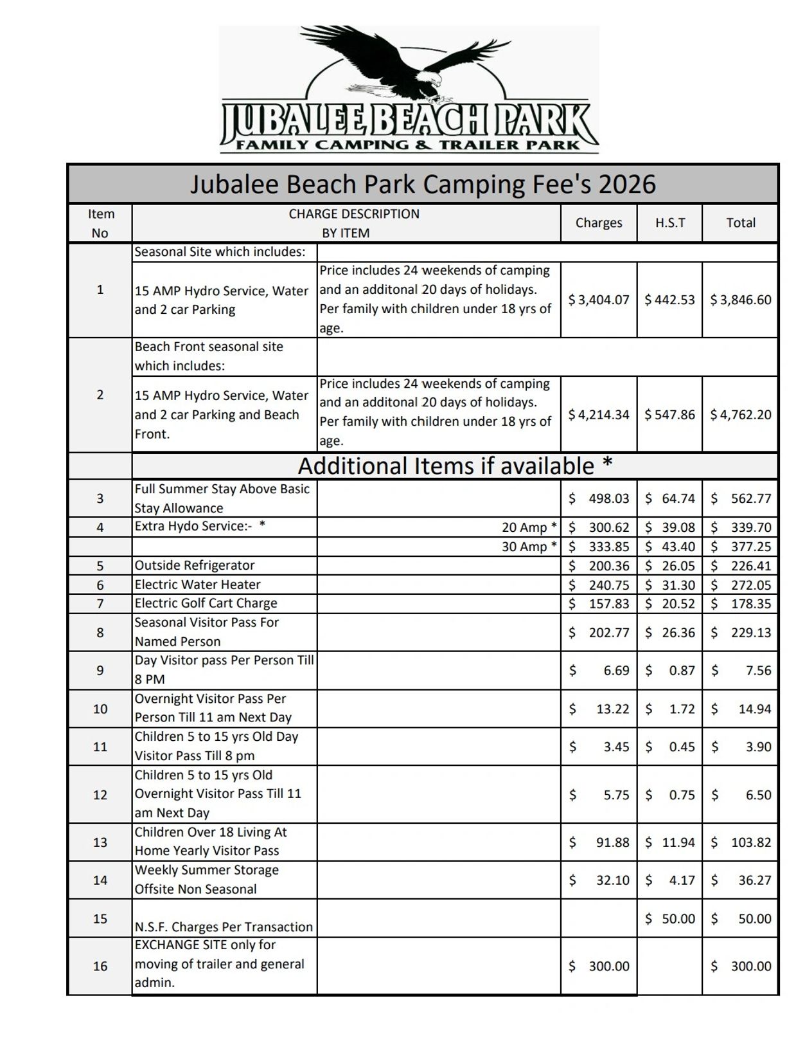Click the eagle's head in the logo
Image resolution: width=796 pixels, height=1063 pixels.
click(x=435, y=81)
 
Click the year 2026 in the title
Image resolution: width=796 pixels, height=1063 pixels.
click(x=626, y=185)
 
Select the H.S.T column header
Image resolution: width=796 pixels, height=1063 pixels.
click(x=669, y=223)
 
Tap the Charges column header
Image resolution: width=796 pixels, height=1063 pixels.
click(x=598, y=223)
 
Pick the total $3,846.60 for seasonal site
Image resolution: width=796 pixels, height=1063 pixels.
click(x=740, y=300)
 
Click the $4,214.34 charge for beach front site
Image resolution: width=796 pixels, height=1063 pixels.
click(x=598, y=415)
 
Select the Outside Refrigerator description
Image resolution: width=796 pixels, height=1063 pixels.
click(x=194, y=565)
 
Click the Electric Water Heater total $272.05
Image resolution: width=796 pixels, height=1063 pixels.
click(x=741, y=585)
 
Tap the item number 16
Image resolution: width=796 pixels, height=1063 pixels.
click(x=100, y=966)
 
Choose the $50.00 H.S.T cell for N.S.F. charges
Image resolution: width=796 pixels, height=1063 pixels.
click(x=670, y=918)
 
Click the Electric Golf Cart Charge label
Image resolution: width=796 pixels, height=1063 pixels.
click(x=206, y=603)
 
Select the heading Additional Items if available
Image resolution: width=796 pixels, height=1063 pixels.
click(x=455, y=466)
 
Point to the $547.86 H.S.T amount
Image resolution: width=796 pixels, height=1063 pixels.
click(x=669, y=415)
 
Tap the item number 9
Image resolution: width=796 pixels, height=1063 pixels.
click(x=100, y=670)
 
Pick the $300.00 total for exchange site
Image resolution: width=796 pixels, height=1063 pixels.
click(x=741, y=966)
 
